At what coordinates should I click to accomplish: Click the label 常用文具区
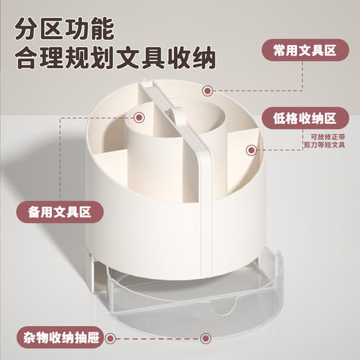click(x=305, y=49)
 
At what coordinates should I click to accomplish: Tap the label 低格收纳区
click(x=305, y=117)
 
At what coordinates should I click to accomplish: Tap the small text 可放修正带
click(x=328, y=138)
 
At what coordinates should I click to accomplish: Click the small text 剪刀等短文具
click(x=326, y=146)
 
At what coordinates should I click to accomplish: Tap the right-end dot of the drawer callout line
click(x=205, y=339)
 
